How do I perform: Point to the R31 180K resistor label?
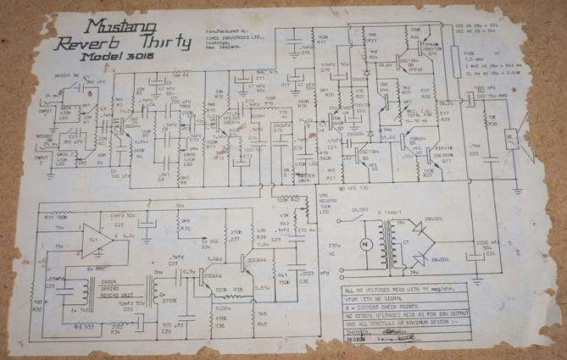pyautogui.click(x=56, y=218)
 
